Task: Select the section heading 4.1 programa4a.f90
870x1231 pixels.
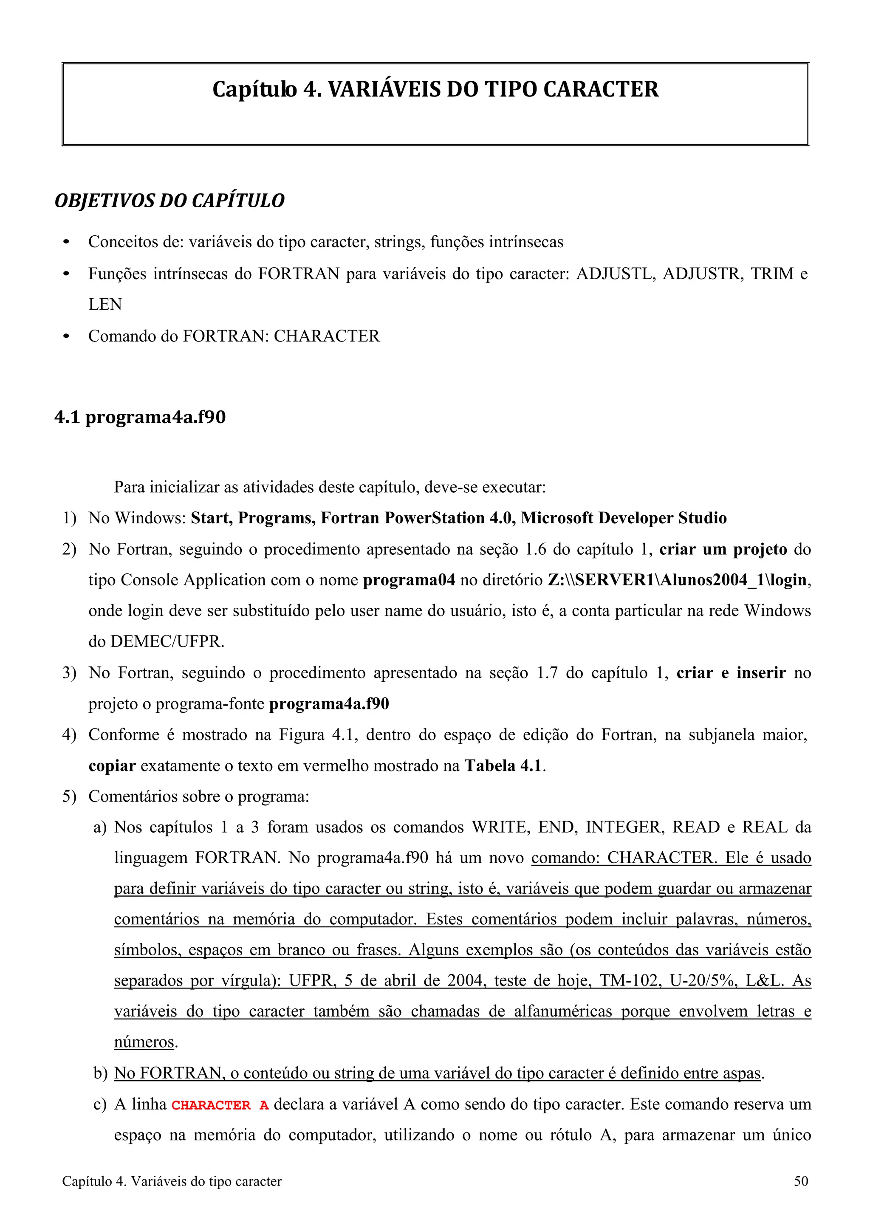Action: coord(140,417)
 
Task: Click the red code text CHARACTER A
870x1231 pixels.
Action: coord(220,1105)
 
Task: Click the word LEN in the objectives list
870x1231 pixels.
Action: coord(105,305)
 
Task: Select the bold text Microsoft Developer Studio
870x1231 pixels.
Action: coord(624,518)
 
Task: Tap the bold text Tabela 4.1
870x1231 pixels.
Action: coord(503,765)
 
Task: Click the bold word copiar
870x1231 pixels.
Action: coord(112,765)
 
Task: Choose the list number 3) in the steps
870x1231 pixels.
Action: coord(69,673)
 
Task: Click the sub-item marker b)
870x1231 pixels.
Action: coord(100,1074)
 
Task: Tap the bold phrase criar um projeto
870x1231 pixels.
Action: coord(723,550)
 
